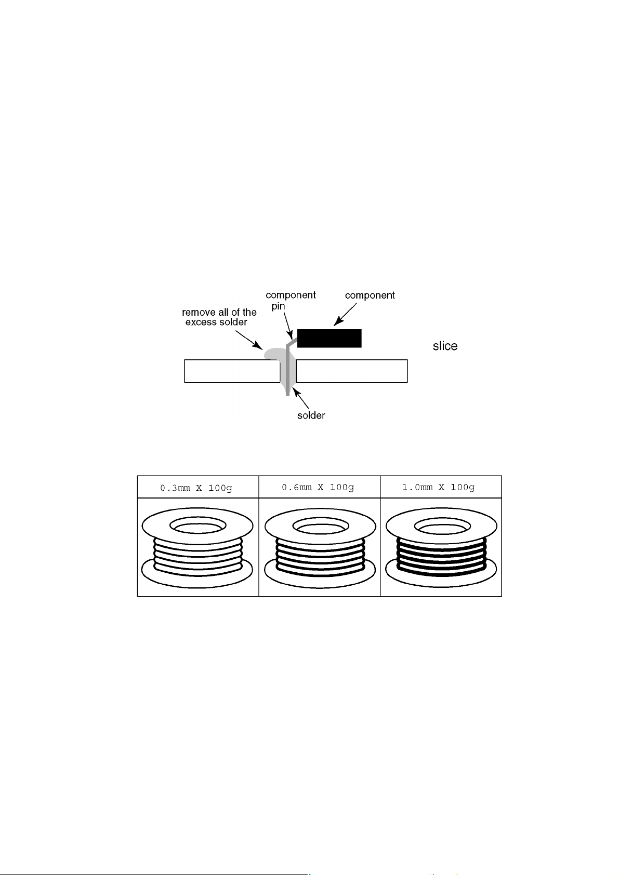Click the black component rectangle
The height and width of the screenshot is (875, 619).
click(329, 338)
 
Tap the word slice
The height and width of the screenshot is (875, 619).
click(445, 346)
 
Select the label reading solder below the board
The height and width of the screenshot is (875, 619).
click(311, 415)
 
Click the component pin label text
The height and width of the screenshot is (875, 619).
click(291, 300)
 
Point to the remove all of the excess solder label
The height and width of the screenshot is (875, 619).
click(219, 317)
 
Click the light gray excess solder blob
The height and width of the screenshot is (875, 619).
click(274, 354)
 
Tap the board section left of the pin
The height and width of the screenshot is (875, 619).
click(232, 371)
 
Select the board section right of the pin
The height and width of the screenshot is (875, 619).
click(352, 371)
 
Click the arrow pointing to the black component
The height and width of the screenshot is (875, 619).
click(345, 315)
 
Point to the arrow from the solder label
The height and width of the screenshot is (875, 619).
click(301, 399)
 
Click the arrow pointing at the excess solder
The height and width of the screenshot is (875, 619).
click(249, 340)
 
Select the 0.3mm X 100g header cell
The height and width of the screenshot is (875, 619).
click(198, 487)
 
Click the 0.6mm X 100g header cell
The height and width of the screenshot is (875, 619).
click(320, 487)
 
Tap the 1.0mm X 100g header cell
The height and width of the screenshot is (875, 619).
click(441, 487)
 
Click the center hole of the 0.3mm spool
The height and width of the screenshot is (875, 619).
click(198, 526)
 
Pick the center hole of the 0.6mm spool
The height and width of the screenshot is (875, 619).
click(321, 526)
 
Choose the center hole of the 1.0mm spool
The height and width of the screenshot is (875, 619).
click(442, 526)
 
